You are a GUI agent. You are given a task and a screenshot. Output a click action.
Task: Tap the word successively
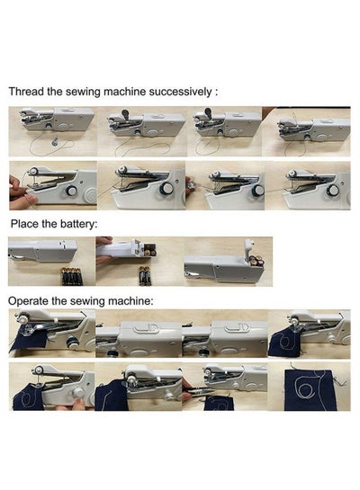tap(180, 92)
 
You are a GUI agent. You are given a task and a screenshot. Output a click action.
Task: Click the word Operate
tap(28, 301)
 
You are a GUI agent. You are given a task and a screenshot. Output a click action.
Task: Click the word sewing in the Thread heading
tap(83, 93)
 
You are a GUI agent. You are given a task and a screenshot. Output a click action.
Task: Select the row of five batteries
tap(72, 276)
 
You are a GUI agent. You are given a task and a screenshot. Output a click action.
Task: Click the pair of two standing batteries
tap(145, 276)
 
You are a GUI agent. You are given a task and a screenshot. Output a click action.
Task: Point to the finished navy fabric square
tap(310, 390)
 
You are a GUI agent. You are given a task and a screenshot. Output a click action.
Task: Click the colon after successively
tap(216, 93)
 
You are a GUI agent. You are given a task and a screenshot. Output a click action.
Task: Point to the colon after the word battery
tap(95, 225)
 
